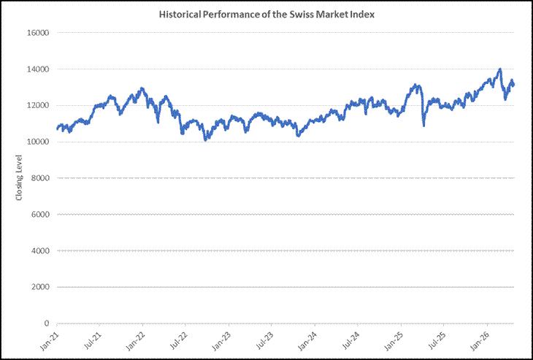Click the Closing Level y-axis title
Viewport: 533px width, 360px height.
click(x=19, y=177)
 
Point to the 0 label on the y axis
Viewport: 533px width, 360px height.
click(x=47, y=323)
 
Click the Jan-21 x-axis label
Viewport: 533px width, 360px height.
click(x=50, y=341)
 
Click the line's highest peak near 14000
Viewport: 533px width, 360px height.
click(x=499, y=69)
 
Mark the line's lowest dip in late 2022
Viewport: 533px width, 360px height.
click(x=205, y=139)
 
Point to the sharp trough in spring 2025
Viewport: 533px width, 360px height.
click(x=424, y=126)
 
